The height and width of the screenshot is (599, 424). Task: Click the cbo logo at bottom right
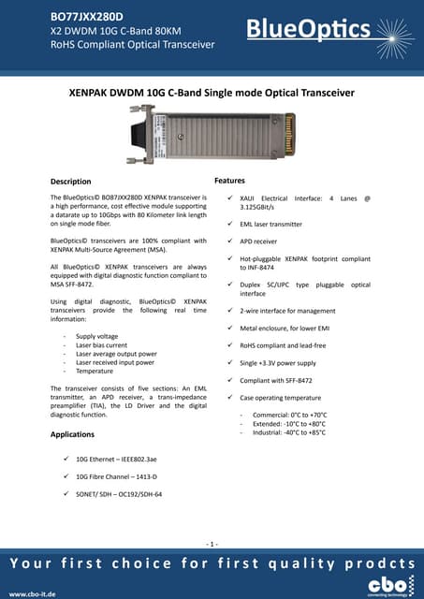384,587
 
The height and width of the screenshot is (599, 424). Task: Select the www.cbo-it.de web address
33,593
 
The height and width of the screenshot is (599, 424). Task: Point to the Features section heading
229,179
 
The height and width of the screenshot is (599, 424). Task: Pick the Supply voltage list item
97,336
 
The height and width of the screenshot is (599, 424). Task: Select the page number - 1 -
212,544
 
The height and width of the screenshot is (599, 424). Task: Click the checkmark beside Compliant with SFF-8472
230,380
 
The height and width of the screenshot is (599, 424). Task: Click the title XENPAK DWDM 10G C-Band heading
212,93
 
